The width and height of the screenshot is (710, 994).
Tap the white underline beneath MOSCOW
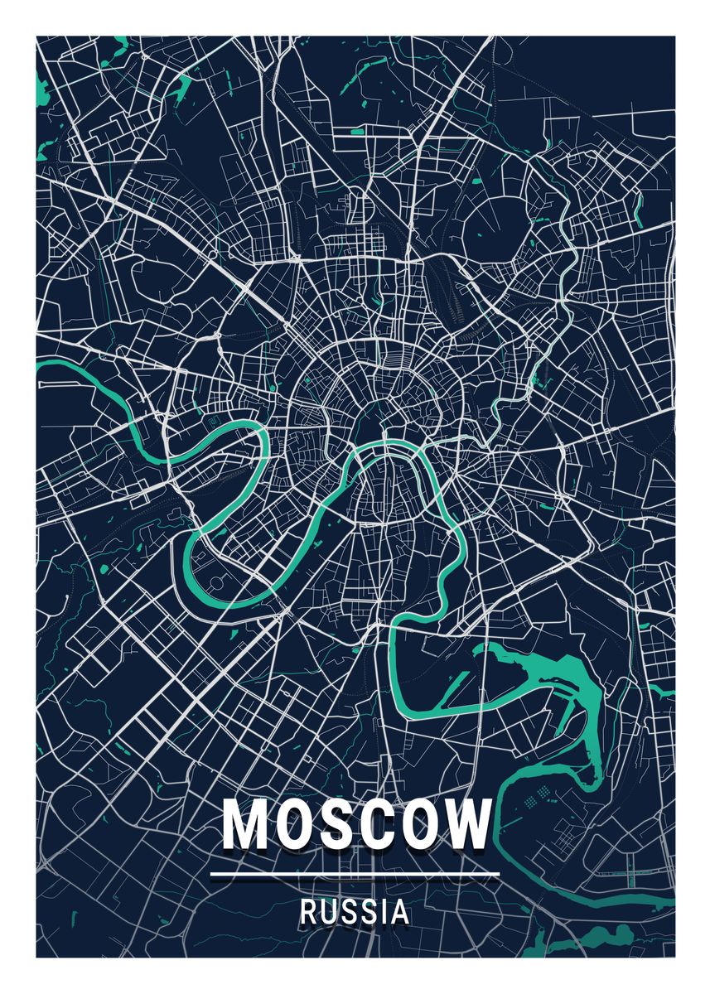coord(355,874)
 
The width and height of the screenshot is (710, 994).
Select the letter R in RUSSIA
coord(307,913)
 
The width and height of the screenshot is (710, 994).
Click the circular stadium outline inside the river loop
coord(217,582)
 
